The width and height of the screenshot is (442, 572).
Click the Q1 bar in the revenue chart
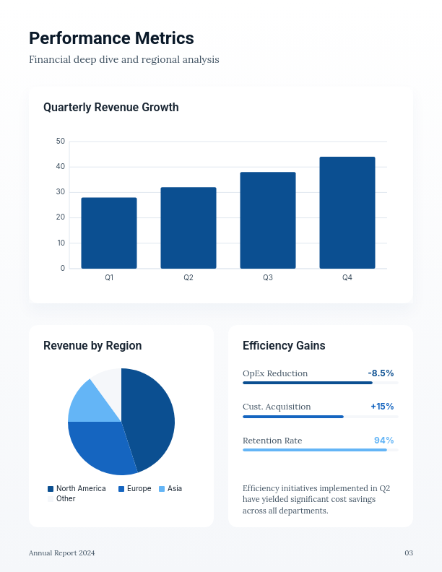pos(109,233)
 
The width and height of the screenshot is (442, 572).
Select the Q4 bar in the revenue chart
pos(347,212)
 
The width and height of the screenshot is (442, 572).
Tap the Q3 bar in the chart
pos(268,220)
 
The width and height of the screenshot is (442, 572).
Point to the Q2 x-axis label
pos(188,278)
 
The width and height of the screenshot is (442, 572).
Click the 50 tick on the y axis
pos(61,142)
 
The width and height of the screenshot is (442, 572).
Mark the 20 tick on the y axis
pos(61,217)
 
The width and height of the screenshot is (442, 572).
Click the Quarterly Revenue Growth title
pos(111,108)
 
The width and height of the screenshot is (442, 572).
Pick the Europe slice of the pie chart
pos(101,448)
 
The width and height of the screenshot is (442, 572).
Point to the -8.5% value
pos(381,373)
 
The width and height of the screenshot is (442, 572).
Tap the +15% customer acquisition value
pos(382,407)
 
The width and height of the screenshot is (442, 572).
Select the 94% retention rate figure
pos(383,441)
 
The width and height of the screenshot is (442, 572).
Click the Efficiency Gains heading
pos(284,346)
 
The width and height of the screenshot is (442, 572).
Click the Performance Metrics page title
pos(111,38)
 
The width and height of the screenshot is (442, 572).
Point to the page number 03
pos(409,553)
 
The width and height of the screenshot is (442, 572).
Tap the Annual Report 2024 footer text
pos(62,553)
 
